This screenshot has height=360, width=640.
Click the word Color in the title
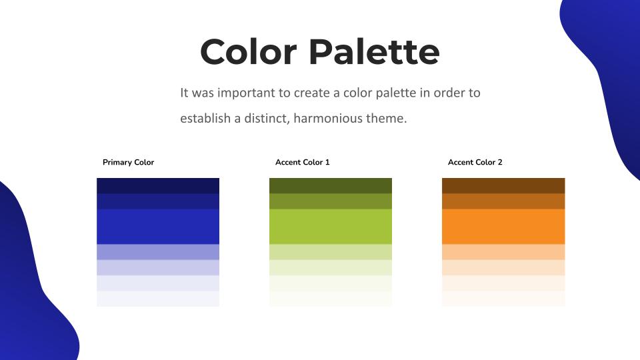[248, 51]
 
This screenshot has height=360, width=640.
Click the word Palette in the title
[374, 51]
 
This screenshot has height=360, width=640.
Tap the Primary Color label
[128, 162]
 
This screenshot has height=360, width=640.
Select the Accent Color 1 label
[303, 162]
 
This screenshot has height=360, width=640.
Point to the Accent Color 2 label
[475, 162]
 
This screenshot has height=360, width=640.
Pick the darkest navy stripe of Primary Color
[158, 186]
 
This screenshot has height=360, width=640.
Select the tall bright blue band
[158, 227]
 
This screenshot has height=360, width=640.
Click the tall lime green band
[331, 227]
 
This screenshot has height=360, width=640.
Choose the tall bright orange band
[503, 227]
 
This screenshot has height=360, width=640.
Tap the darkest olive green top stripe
[331, 186]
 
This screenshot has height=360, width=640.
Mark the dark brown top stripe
[503, 186]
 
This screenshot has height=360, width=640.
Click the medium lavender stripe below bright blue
[158, 252]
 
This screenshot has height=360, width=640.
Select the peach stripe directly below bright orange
[503, 252]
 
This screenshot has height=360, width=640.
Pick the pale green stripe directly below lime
[331, 252]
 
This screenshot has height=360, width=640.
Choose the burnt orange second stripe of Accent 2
[503, 201]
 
